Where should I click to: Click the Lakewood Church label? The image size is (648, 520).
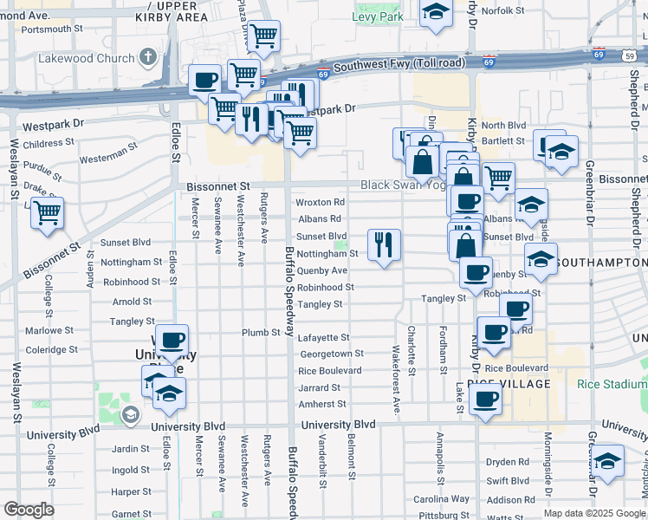coord(87,60)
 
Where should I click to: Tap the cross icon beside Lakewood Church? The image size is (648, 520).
coord(148,59)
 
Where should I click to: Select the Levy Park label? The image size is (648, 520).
coord(378,16)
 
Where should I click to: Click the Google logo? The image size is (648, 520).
coord(29,510)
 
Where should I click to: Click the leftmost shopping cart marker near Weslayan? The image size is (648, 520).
coord(47,211)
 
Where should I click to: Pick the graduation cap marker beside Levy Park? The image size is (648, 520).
coord(436,12)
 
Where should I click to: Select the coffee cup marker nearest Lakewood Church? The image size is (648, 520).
coord(205,80)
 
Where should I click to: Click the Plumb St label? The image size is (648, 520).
coord(260,332)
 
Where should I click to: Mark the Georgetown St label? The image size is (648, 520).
coord(331,354)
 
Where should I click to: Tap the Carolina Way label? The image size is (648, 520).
coord(441,499)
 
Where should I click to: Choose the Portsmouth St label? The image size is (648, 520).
coord(51,29)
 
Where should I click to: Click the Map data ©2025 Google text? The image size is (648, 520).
coord(593,513)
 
